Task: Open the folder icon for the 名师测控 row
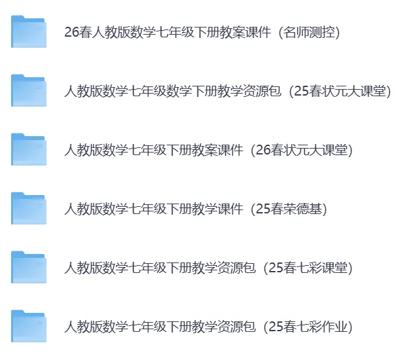(x=29, y=32)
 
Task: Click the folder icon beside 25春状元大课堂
(x=29, y=91)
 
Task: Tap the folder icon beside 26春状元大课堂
(x=29, y=150)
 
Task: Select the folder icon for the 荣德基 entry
(x=29, y=209)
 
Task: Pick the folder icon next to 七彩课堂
(x=29, y=268)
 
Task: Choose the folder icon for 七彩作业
(x=29, y=327)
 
